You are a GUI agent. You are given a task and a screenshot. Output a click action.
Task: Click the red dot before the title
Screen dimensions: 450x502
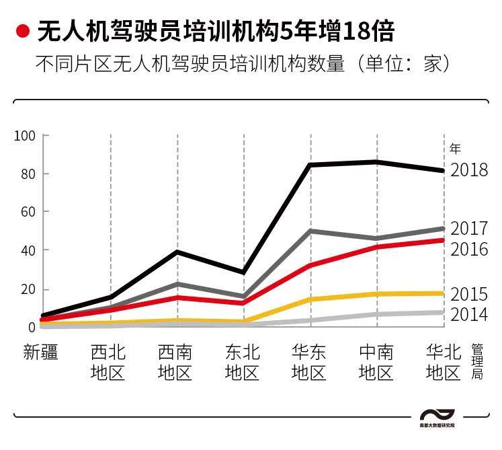tap(23, 31)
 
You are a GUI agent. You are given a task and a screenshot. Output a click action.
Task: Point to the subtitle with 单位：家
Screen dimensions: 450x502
tap(241, 65)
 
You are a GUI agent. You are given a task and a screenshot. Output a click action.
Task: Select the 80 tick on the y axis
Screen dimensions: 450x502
tap(27, 174)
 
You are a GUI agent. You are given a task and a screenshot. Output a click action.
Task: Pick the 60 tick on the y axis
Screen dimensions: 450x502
tap(27, 212)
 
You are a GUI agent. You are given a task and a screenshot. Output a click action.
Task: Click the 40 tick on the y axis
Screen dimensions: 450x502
tap(27, 250)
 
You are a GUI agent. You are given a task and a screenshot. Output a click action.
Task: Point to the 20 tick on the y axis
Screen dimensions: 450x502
tap(27, 289)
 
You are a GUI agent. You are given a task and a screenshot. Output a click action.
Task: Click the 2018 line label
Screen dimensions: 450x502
tap(469, 170)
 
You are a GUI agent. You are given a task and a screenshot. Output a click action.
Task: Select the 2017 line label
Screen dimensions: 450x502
tap(469, 229)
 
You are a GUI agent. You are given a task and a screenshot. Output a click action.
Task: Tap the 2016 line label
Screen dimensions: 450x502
tap(469, 249)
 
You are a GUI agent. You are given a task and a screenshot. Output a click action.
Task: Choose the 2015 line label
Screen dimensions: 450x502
tap(469, 294)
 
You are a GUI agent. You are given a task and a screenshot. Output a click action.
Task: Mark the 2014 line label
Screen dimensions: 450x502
tap(469, 314)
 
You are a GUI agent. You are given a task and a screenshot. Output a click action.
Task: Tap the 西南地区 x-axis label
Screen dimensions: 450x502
tap(175, 362)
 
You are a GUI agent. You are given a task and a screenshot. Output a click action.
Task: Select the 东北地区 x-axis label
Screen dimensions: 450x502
tap(243, 362)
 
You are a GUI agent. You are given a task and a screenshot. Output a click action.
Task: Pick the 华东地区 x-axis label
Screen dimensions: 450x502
tap(309, 362)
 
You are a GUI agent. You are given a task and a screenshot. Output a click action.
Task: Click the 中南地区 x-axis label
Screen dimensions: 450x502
tap(376, 362)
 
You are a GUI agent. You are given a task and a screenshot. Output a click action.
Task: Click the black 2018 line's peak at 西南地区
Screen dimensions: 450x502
tap(177, 252)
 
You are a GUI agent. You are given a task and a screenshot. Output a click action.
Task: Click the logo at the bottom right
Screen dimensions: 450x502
tap(437, 418)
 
